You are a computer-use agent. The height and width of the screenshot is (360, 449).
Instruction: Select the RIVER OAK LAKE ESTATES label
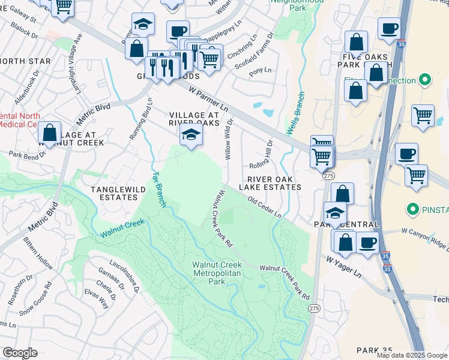(270, 183)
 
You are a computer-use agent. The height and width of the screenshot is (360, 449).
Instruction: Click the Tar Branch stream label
(158, 190)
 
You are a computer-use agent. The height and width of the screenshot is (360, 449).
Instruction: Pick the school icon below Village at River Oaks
(191, 135)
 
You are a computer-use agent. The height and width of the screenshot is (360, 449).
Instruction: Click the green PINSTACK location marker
(412, 209)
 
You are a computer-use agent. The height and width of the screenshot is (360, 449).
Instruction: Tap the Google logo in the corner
(20, 353)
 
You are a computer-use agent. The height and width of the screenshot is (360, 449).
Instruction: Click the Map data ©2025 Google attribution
(412, 355)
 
